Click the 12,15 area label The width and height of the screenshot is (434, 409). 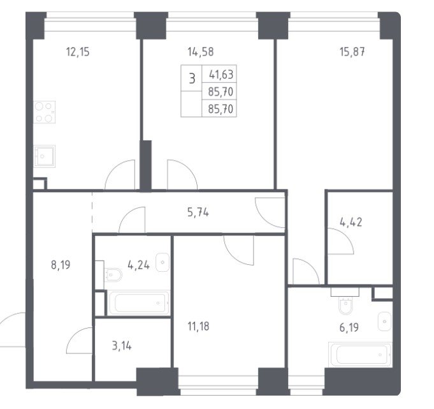click(78, 52)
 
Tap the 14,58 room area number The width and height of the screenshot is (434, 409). click(201, 52)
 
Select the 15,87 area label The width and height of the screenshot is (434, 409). click(352, 52)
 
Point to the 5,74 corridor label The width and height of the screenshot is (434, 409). click(198, 212)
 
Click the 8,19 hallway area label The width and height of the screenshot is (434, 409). click(61, 265)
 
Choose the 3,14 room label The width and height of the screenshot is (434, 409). click(122, 346)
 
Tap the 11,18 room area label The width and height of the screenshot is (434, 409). click(198, 327)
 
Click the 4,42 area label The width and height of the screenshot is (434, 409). click(351, 222)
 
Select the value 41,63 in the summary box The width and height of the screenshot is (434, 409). click(221, 75)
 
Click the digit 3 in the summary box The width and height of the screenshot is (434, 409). click(192, 78)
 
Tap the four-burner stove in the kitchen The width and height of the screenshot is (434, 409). click(44, 112)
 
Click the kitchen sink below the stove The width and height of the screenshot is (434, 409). click(44, 156)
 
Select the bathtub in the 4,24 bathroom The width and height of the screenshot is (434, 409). click(139, 303)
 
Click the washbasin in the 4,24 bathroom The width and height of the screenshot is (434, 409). click(163, 262)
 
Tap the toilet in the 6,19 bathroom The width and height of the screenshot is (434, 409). click(345, 304)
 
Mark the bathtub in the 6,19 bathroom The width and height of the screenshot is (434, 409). click(360, 354)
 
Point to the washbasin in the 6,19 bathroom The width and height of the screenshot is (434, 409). click(385, 322)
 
